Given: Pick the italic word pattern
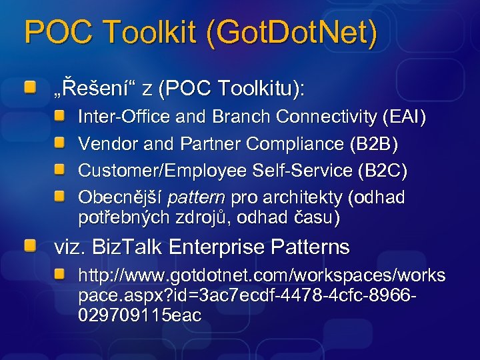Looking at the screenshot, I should tap(197, 198).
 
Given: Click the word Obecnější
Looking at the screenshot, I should tap(121, 197).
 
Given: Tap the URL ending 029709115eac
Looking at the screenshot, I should tap(139, 315).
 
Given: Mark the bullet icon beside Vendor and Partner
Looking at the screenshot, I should tap(60, 143).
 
